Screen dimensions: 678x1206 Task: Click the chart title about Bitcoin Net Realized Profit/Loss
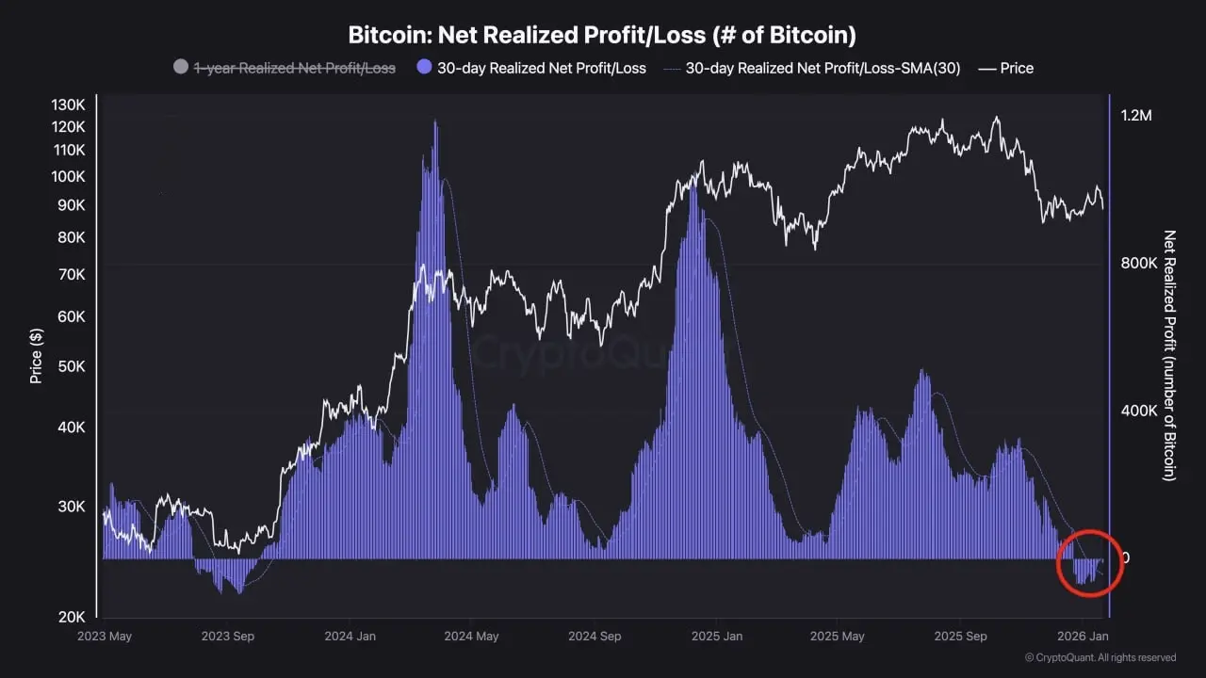pos(602,36)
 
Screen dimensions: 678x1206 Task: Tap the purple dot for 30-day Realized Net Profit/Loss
pos(424,68)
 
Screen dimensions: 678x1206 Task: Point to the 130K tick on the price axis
pos(68,105)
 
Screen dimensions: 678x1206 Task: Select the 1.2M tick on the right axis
pos(1135,115)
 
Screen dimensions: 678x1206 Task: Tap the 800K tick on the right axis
pos(1138,263)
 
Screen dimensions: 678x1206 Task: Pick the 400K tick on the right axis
pos(1138,411)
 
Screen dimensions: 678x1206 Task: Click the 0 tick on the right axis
pos(1125,557)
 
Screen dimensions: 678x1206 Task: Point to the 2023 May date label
pos(105,637)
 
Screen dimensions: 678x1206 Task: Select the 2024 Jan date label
pos(350,637)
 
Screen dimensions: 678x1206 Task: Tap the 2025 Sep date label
pos(959,637)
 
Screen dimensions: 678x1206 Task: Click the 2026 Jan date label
pos(1083,637)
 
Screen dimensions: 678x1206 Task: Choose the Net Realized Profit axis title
pos(1169,355)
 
